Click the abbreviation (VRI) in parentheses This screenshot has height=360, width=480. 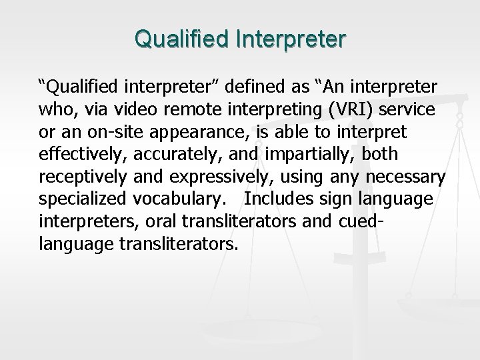click(342, 109)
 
